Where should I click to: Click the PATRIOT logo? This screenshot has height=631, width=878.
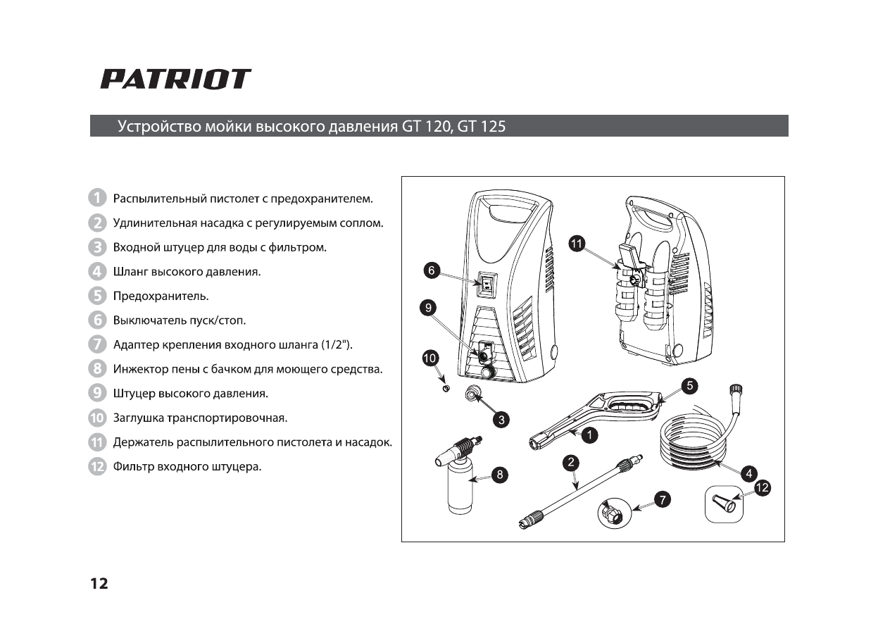175,79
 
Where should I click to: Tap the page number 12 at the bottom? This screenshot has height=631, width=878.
99,584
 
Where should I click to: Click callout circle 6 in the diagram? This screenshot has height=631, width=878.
432,270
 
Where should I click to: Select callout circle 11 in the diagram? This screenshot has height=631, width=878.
577,244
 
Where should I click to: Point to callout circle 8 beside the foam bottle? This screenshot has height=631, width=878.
499,475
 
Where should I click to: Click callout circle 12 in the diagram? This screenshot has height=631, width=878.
762,487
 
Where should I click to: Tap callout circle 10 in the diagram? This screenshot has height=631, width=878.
429,358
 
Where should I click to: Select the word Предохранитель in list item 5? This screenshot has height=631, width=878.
161,296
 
